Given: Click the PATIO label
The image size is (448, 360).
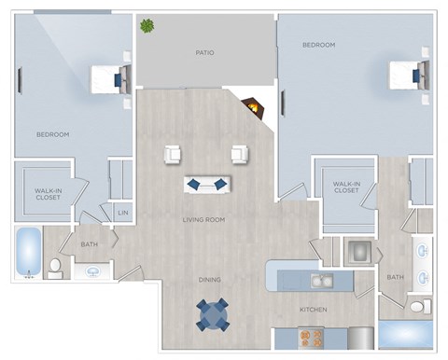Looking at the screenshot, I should [x=205, y=53].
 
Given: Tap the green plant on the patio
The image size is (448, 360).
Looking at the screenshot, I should [x=147, y=25].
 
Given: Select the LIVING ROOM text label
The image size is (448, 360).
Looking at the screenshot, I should [x=203, y=220].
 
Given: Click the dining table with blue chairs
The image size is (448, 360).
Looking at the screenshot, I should [x=213, y=314].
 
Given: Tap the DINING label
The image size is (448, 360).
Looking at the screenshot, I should [x=209, y=279].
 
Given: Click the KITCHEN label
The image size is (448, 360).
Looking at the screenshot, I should [x=312, y=308].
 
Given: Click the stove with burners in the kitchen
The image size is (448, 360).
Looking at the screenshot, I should [x=311, y=337].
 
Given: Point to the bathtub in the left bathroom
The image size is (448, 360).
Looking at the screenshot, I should [x=28, y=253].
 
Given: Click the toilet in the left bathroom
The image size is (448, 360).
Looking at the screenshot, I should [x=55, y=269].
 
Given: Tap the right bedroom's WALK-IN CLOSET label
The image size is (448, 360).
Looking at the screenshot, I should [x=345, y=187].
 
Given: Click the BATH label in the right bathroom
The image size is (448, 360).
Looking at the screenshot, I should [x=396, y=277].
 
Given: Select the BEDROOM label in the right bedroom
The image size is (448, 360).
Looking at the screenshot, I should [x=319, y=45].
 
